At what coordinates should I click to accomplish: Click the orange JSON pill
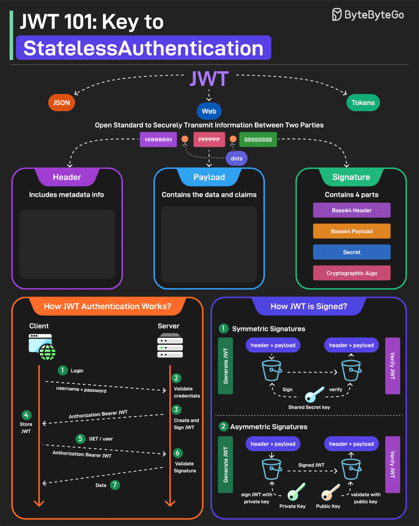point(62,103)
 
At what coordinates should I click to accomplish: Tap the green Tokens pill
point(363,103)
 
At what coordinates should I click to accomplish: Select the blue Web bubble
point(209,111)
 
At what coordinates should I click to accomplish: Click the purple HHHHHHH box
point(158,140)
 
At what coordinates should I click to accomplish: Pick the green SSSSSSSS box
point(258,140)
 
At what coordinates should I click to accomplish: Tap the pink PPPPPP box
point(209,140)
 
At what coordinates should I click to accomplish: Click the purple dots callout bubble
point(236,159)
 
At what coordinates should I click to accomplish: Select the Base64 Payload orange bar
point(352,231)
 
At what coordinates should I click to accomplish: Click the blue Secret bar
point(352,252)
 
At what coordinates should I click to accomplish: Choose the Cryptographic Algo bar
point(352,273)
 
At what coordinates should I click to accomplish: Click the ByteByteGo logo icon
point(337,15)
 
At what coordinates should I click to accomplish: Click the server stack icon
point(170,346)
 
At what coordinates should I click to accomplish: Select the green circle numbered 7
point(115,485)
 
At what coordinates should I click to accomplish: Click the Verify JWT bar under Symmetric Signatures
point(392,366)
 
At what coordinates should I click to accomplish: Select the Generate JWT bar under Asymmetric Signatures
point(225,465)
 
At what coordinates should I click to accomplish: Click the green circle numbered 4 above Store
point(26,415)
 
